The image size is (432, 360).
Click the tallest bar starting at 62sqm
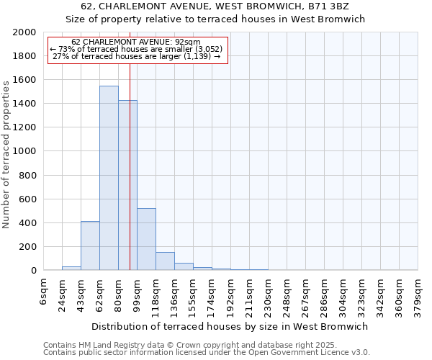[x=109, y=178]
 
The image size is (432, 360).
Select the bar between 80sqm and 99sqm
[x=127, y=185]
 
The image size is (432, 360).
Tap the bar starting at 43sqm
[x=90, y=246]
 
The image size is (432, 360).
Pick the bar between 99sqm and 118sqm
[x=146, y=239]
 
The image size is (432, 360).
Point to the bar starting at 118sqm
[x=165, y=261]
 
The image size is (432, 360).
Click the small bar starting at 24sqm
[x=71, y=268]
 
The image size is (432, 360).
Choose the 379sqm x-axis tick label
[x=418, y=294]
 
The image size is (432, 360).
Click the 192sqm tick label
[x=231, y=294]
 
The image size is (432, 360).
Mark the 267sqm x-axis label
[x=306, y=294]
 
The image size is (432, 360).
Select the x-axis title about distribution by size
[x=230, y=326]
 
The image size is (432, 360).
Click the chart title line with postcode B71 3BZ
[x=215, y=6]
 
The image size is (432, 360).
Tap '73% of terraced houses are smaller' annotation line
[x=136, y=49]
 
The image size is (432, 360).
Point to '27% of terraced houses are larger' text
[x=136, y=56]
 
